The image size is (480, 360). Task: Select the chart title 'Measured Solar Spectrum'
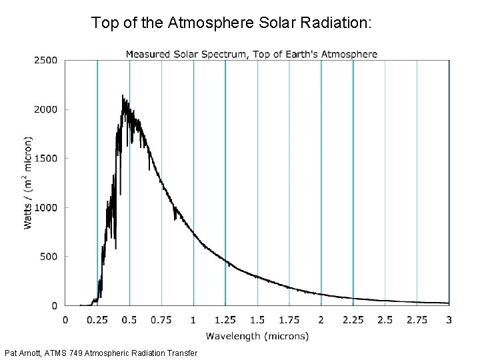pos(251,54)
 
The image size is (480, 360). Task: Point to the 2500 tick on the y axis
pos(45,61)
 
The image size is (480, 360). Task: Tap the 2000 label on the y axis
pos(45,109)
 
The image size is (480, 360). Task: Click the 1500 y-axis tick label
pos(45,159)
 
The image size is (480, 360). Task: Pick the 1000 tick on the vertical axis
pos(45,207)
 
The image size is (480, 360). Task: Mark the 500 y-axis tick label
pos(49,257)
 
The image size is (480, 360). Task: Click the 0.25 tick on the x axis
pos(97,320)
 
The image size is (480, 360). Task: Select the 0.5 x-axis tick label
pos(129,320)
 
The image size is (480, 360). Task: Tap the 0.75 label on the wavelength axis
pos(161,320)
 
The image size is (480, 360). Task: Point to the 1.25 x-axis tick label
pos(225,320)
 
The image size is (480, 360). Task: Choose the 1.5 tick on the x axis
pos(257,320)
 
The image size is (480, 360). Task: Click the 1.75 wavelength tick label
pos(289,320)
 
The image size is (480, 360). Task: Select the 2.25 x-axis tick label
pos(353,320)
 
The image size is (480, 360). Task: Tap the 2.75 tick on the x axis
pos(417,320)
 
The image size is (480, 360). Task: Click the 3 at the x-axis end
pos(449,320)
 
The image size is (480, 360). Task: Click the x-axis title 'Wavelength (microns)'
pos(257,336)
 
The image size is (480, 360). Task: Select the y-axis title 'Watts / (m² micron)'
pos(29,183)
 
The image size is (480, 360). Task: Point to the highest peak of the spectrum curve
pos(123,95)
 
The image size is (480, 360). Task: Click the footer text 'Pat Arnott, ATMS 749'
pos(100,352)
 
